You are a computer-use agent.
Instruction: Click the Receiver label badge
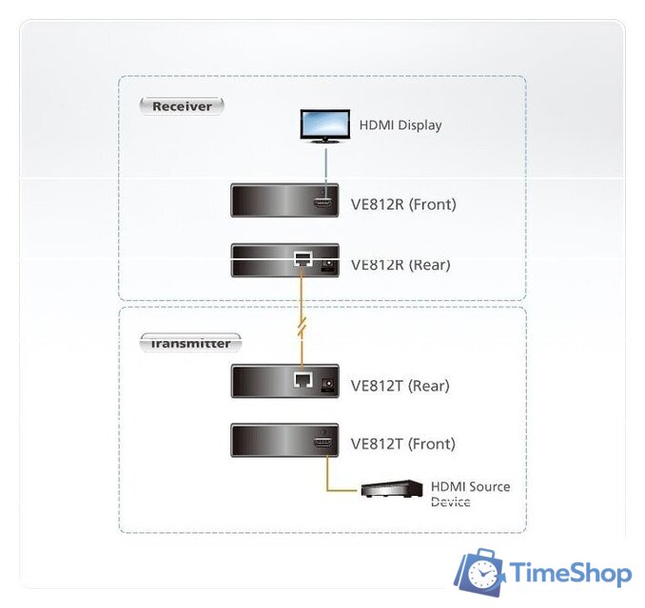182,105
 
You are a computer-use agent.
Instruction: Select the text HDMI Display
400,125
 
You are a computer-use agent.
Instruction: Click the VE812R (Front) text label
403,204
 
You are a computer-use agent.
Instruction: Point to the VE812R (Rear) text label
401,265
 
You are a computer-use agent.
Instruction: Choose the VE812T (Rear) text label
400,386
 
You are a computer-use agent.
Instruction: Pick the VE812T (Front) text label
402,444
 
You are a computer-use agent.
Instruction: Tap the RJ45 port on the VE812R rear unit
303,258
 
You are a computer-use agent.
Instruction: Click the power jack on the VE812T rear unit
329,385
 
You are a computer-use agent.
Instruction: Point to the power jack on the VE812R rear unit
329,264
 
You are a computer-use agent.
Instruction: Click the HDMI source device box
391,490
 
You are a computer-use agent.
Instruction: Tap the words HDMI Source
470,486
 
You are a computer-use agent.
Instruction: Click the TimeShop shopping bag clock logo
479,573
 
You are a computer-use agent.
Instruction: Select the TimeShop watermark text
570,574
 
